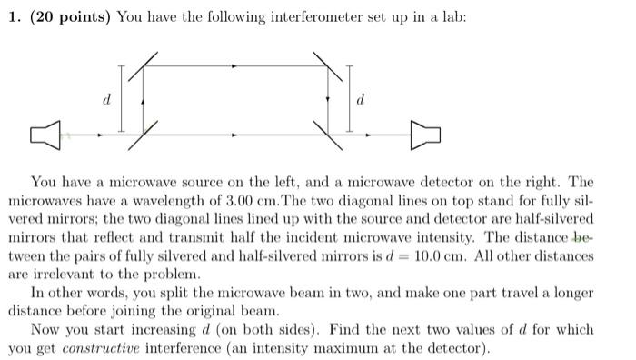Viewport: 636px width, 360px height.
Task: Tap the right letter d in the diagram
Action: coord(362,101)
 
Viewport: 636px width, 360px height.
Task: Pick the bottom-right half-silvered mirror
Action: coord(328,135)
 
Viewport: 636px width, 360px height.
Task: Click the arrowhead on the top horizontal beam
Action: coord(235,66)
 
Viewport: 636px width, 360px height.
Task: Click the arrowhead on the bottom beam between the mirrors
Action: coord(235,136)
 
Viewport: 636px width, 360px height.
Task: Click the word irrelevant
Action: coord(51,273)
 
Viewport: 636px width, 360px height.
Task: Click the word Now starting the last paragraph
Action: coord(45,329)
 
